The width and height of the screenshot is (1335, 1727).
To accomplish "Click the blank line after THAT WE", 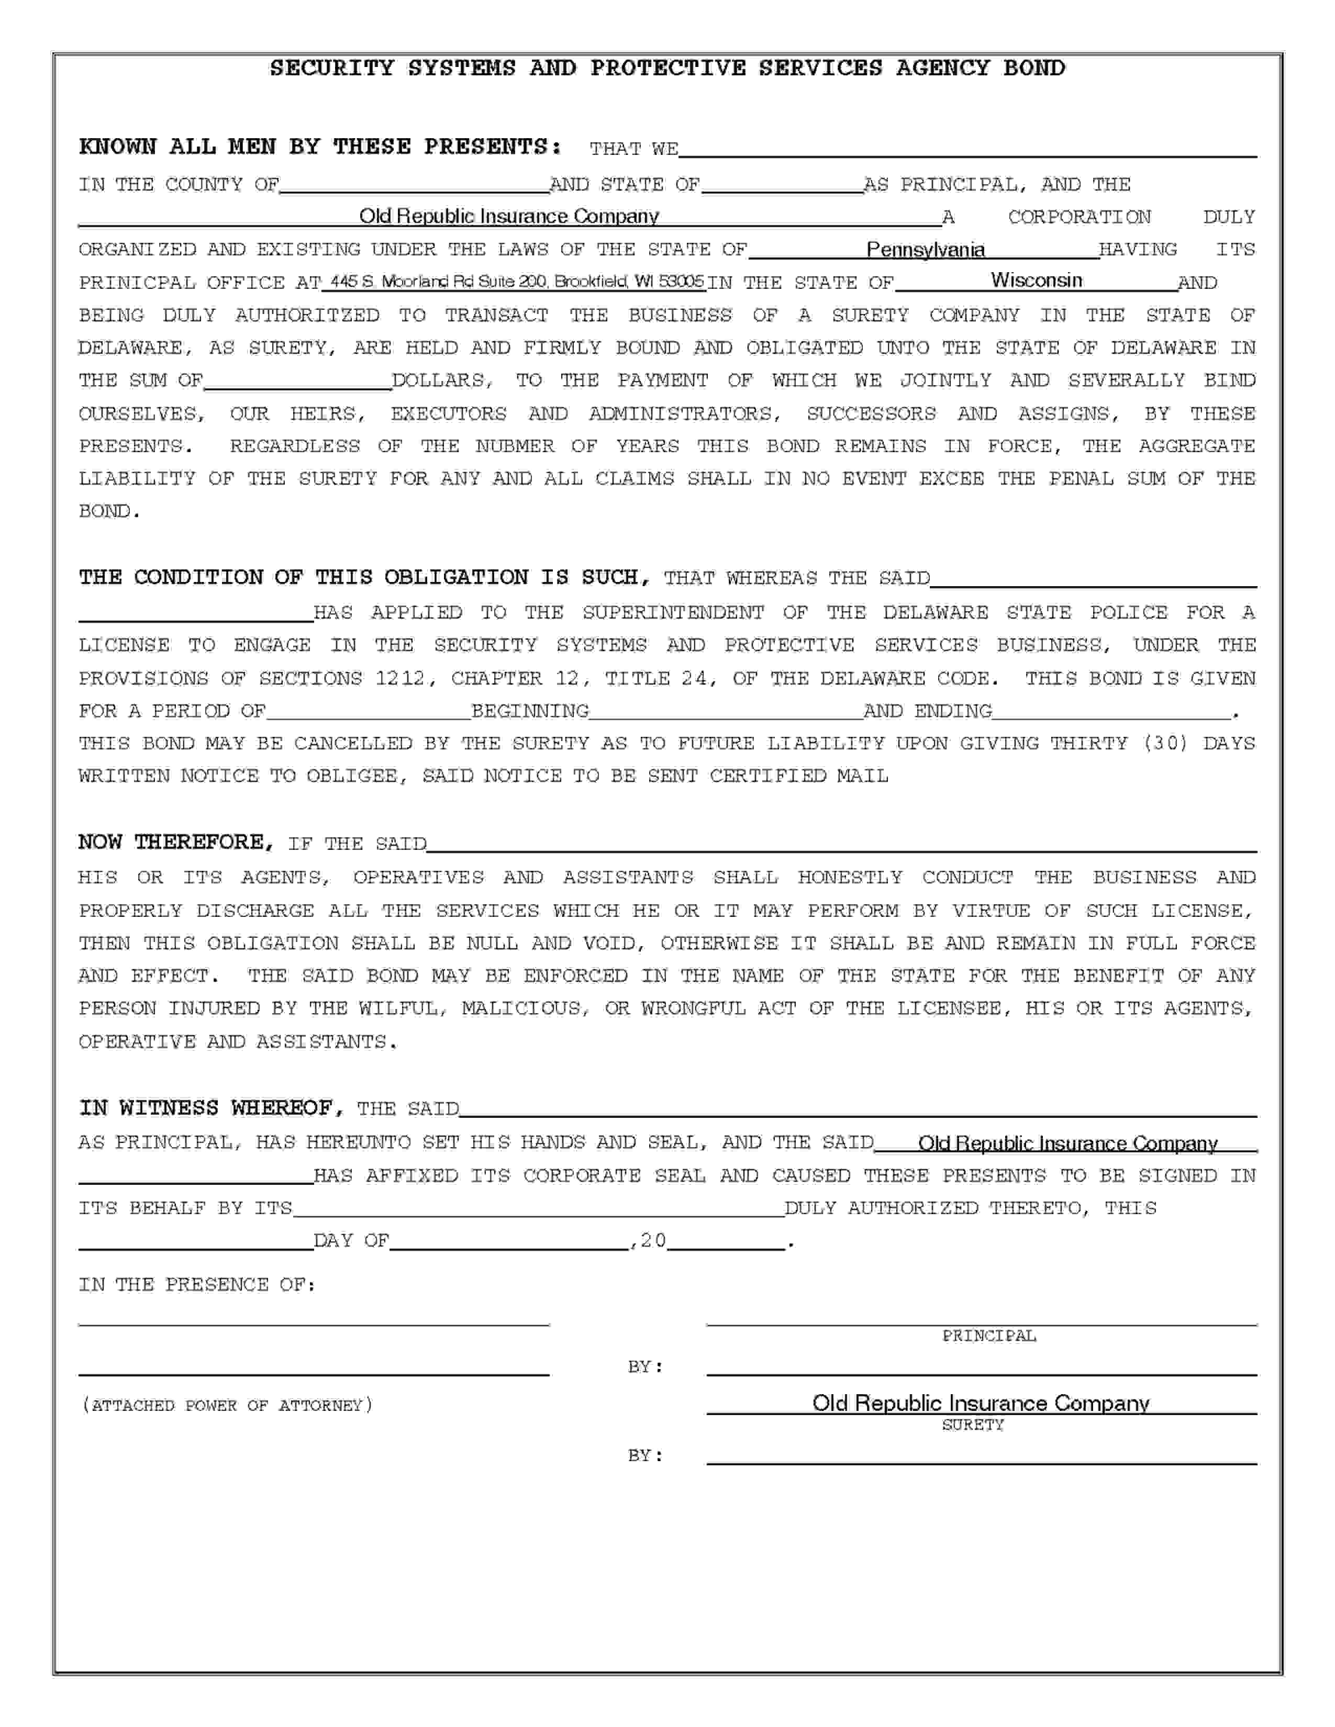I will point(966,150).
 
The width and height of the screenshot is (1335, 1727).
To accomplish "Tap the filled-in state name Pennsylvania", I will point(925,250).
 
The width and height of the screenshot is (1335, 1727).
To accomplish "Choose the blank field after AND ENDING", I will point(1110,712).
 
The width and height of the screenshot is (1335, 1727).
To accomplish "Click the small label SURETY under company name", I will point(972,1425).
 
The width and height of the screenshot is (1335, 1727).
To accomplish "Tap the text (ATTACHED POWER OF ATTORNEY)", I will point(227,1405).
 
